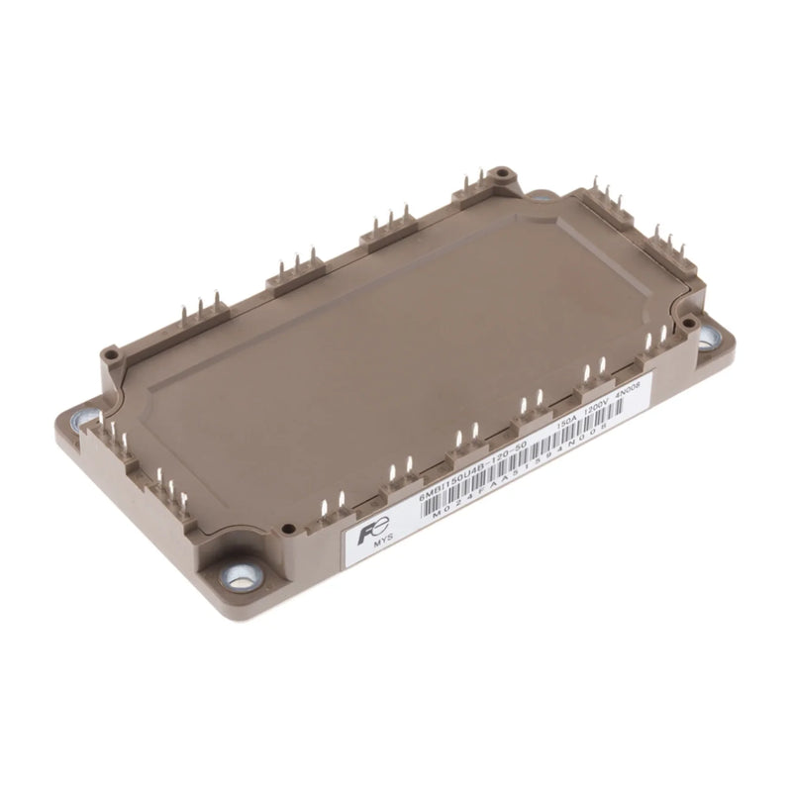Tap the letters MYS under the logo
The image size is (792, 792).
383,546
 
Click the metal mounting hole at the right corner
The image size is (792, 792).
709,338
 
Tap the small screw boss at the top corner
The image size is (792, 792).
503,173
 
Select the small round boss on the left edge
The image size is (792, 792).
111,350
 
